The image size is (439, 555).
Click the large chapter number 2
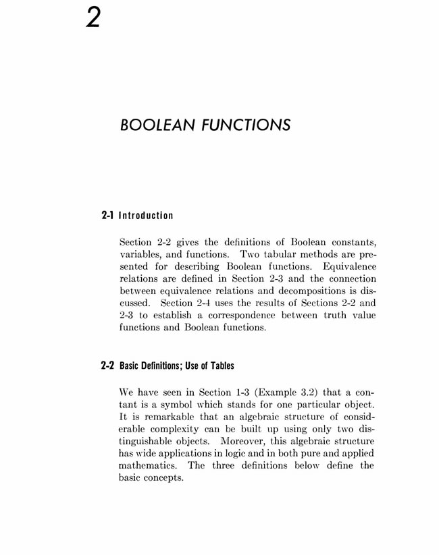93,18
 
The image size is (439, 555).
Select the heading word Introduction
146,216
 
